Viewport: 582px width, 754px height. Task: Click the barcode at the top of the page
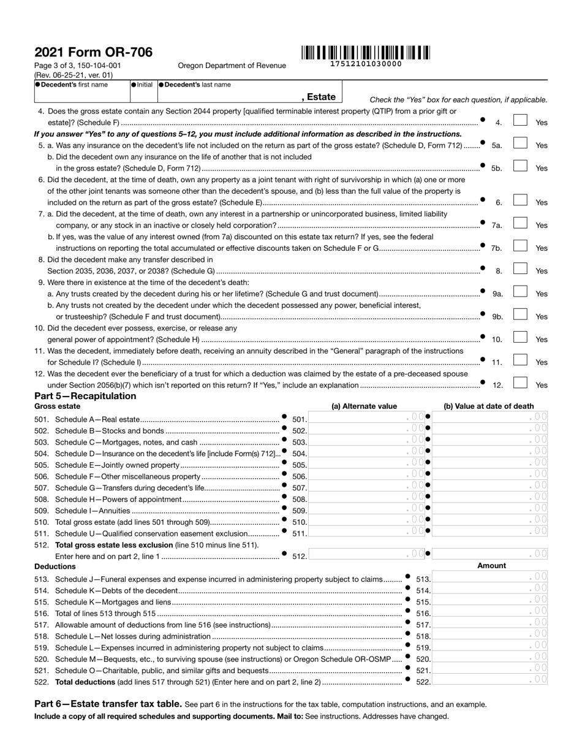[x=365, y=53]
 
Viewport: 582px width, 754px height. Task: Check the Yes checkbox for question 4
[x=520, y=121]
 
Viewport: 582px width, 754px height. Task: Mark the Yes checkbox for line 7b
[x=520, y=246]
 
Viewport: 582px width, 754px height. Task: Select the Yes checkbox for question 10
[x=520, y=338]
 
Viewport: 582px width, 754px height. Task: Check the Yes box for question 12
[x=520, y=384]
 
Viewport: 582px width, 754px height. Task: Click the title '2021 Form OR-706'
[x=93, y=52]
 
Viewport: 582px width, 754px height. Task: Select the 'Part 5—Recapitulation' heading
[x=85, y=396]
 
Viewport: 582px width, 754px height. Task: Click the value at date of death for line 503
[x=490, y=441]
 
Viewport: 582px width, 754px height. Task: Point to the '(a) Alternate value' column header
[x=364, y=406]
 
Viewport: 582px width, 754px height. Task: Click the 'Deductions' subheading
[x=55, y=566]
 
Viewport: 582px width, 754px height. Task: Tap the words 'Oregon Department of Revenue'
[x=232, y=66]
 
